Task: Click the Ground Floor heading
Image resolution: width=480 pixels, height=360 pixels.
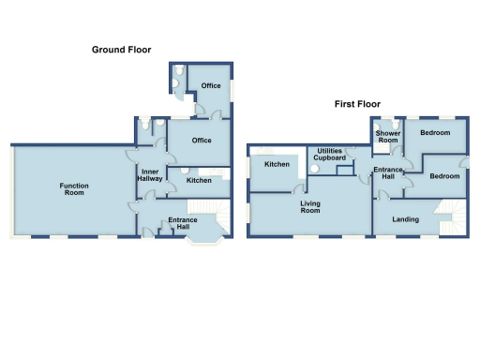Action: (x=121, y=50)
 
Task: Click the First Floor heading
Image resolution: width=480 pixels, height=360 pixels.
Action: (x=357, y=105)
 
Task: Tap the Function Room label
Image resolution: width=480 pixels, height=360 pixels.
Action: (x=74, y=189)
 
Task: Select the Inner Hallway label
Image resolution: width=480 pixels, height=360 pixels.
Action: (x=151, y=175)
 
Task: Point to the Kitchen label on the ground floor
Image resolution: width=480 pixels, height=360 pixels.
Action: (x=199, y=180)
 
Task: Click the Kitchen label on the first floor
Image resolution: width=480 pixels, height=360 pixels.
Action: (x=277, y=164)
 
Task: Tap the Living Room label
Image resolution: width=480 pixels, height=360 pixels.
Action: (x=310, y=207)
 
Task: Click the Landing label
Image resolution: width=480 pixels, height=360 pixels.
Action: (x=406, y=219)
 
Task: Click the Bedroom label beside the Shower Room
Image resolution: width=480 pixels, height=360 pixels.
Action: (x=435, y=133)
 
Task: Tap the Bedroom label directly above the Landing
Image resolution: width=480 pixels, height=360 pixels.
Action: (x=444, y=176)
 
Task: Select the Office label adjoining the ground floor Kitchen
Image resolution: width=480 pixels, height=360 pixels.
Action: (x=200, y=141)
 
